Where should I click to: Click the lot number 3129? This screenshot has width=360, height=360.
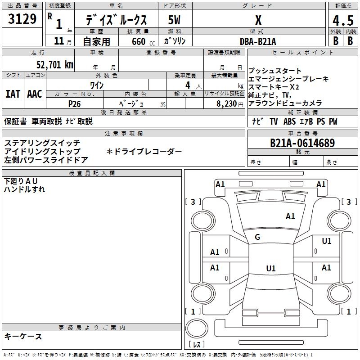tap(22, 20)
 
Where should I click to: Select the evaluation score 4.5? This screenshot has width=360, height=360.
tap(342, 21)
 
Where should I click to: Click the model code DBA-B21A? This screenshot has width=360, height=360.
tap(258, 41)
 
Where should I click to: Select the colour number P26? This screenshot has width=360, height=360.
tap(75, 103)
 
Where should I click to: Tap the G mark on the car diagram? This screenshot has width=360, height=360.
tap(257, 237)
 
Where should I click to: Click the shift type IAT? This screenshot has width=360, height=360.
tap(13, 94)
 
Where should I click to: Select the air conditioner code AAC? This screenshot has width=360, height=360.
tap(34, 94)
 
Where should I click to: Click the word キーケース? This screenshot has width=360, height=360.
tap(23, 337)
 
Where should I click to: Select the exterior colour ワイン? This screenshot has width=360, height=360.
tap(97, 85)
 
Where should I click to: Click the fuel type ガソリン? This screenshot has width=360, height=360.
tap(175, 41)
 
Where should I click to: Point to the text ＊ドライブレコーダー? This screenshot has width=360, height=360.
tap(144, 152)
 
